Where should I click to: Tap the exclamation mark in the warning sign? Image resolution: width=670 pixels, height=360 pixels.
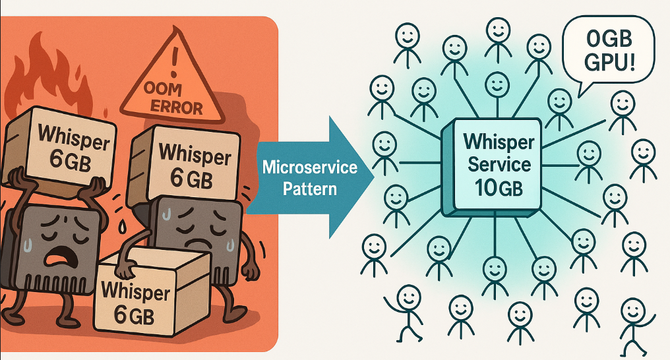click(173, 62)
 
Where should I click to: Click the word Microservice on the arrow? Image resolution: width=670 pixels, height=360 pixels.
click(310, 167)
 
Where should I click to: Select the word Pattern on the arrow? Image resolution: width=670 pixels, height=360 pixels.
click(310, 189)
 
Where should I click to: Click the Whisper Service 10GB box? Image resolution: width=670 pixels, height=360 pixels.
click(491, 167)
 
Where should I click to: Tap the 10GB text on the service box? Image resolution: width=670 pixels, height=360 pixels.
click(499, 187)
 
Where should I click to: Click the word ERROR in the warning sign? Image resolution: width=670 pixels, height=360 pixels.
click(176, 107)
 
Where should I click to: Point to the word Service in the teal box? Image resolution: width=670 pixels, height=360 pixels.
click(499, 164)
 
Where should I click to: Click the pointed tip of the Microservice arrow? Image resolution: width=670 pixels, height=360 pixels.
click(373, 177)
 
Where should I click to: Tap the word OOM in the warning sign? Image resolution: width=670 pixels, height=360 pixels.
click(162, 89)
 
